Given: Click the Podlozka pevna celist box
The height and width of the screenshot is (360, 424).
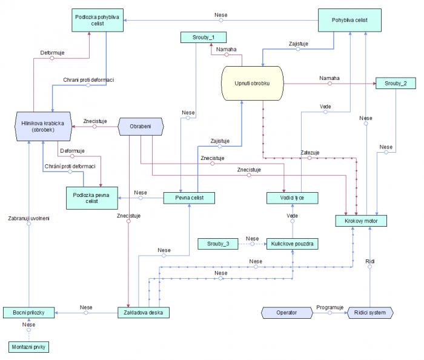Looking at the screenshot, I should pyautogui.click(x=92, y=198).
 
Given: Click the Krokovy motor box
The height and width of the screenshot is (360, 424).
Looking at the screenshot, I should pyautogui.click(x=361, y=221).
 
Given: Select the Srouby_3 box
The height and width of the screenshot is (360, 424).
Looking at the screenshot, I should pyautogui.click(x=217, y=244).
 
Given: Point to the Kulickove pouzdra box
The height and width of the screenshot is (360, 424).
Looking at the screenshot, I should pyautogui.click(x=293, y=244).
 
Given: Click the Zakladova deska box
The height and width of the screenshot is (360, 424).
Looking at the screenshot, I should pyautogui.click(x=144, y=313).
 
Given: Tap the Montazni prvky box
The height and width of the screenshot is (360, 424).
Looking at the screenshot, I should pyautogui.click(x=28, y=347).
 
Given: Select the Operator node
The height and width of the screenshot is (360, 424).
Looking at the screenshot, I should pyautogui.click(x=287, y=313).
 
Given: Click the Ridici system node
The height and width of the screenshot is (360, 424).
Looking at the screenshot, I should pyautogui.click(x=370, y=313).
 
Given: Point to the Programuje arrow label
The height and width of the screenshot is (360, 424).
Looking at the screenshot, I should pyautogui.click(x=330, y=307).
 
